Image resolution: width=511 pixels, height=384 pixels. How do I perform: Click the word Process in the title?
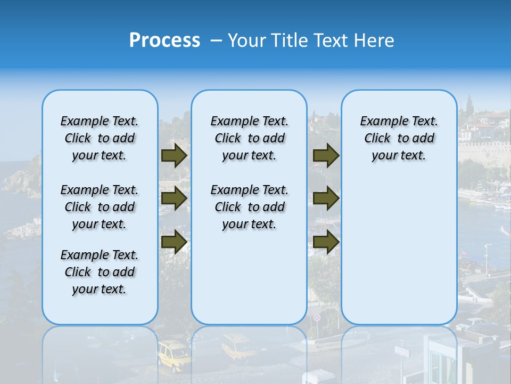pos(164,41)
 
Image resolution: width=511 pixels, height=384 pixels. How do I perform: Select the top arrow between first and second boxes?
pos(174,155)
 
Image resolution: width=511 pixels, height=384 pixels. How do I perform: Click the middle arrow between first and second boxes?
pos(174,198)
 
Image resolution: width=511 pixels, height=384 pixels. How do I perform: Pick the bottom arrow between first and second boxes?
pos(174,242)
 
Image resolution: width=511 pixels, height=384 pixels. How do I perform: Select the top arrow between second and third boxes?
pos(326,155)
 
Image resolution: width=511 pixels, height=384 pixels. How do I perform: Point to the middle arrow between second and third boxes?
pos(326,198)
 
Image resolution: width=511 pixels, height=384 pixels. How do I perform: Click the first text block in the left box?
pos(100,138)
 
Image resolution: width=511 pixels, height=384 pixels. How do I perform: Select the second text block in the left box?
pos(100,207)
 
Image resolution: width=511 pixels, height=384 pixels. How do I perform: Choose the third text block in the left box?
pos(100,272)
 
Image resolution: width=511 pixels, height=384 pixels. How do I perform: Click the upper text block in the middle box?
pos(249,138)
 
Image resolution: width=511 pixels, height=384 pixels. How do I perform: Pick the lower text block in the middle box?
pos(249,207)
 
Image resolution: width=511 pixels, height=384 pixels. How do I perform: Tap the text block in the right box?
pos(399,138)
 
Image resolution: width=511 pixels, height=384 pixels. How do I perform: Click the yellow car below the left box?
pos(174,356)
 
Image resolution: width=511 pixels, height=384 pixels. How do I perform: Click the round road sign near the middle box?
pos(317,317)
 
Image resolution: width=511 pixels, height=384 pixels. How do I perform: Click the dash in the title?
pos(217,41)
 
